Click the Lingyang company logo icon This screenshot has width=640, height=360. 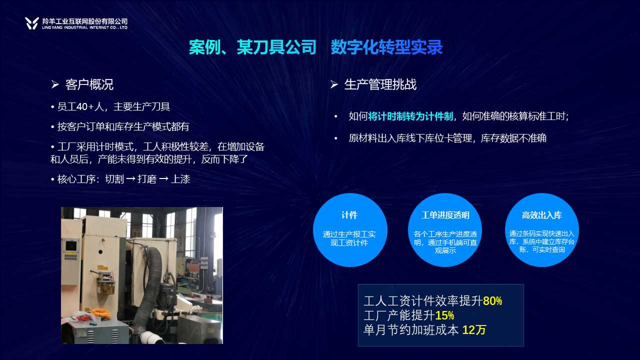31,23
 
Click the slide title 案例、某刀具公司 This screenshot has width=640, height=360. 252,47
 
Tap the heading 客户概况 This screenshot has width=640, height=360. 89,84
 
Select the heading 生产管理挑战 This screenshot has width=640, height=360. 380,84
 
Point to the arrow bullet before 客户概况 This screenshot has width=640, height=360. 55,84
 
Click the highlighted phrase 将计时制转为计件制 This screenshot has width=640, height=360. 410,116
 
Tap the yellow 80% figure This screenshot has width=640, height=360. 492,301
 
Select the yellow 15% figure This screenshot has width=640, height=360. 444,315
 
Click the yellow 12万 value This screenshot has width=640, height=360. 474,330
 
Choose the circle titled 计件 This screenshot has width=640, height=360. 350,230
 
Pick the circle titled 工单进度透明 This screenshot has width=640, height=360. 445,230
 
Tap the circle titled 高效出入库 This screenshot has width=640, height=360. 542,230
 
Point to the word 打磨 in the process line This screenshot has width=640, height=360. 147,179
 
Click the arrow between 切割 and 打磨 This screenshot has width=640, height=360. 130,179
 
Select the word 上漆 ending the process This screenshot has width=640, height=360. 180,179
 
